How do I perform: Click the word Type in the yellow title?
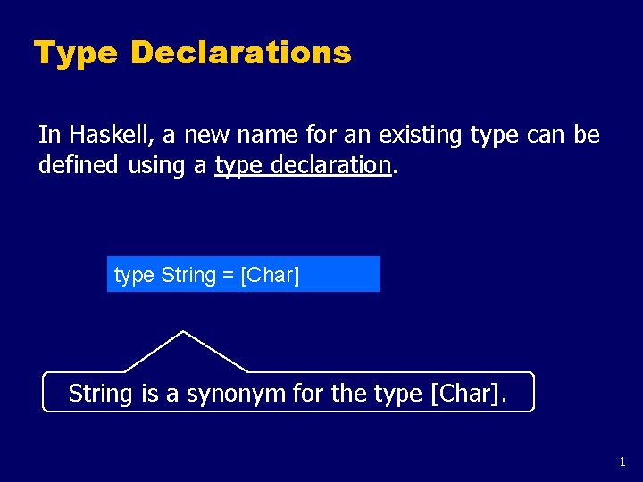(76, 54)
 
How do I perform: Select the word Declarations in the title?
(241, 53)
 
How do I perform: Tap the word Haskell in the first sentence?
(104, 135)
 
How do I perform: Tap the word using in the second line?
(158, 164)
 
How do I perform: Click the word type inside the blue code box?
(134, 275)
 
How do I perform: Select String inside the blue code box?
(188, 275)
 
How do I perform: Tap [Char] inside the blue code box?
(271, 275)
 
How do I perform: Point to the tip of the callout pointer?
(183, 332)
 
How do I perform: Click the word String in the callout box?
(101, 393)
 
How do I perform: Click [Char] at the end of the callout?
(466, 393)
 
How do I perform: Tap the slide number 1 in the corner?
(622, 462)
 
